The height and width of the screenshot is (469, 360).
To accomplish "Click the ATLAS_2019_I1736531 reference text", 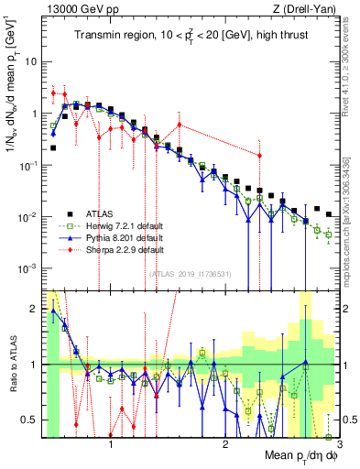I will pyautogui.click(x=190, y=273).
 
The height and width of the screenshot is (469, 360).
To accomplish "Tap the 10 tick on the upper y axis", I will pyautogui.click(x=32, y=62).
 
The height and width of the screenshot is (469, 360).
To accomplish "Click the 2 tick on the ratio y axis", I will pyautogui.click(x=34, y=309).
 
